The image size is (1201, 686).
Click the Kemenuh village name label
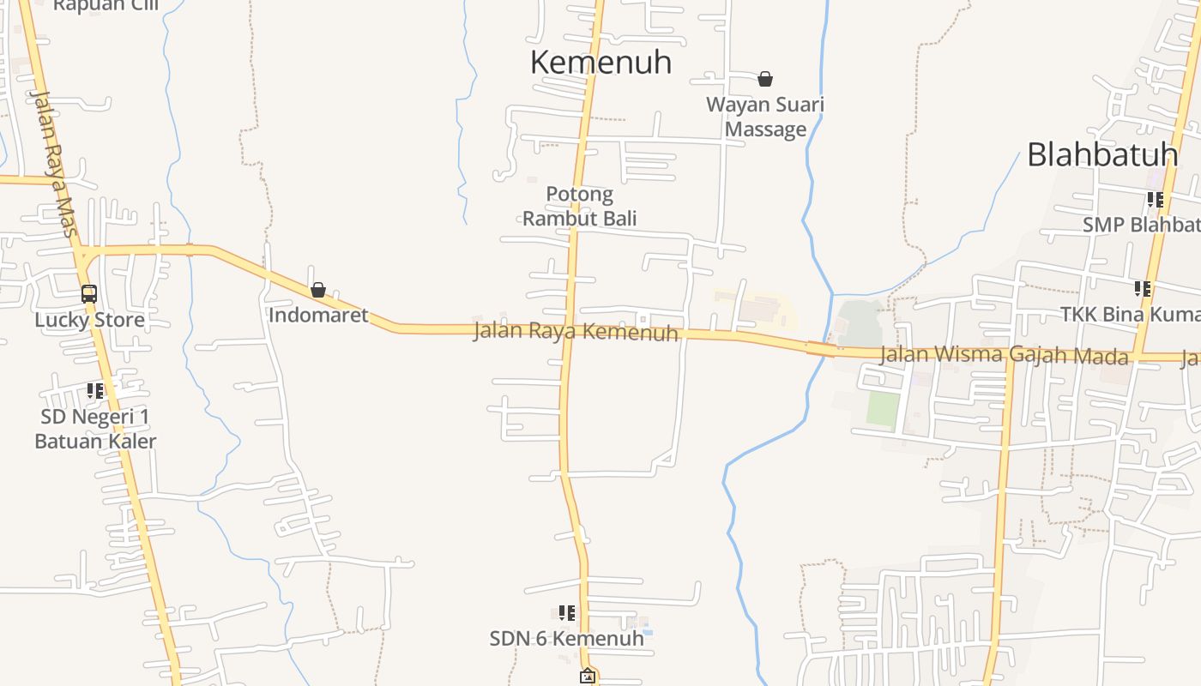point(600,63)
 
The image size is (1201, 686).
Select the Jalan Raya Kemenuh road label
point(576,332)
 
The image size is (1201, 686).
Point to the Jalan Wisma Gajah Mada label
point(1005,354)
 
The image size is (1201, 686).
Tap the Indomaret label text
point(318,315)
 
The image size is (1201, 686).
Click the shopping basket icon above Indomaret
point(318,290)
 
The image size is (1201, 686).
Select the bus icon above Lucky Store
point(89,294)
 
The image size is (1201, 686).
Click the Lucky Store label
point(89,320)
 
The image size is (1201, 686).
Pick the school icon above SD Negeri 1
point(95,391)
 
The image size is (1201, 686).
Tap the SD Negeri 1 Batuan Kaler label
point(95,429)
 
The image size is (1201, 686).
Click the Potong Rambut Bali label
point(580,207)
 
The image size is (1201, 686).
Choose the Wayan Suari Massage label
point(765,117)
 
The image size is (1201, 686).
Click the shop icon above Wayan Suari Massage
point(765,79)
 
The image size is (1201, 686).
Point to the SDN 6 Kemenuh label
point(566,639)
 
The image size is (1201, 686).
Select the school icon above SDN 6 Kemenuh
point(566,613)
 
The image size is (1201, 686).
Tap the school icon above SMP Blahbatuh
point(1156,200)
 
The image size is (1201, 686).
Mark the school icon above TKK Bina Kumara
point(1142,289)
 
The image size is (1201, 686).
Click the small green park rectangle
point(883,409)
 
